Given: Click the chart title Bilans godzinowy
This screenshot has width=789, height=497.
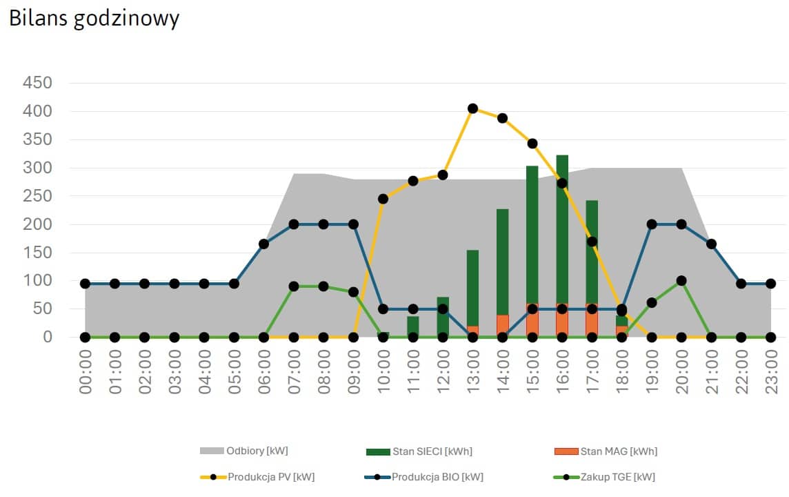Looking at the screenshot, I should pos(94,19).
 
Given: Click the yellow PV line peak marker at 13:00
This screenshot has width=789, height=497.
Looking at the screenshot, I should pos(472,108).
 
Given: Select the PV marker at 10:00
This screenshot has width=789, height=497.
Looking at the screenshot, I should pos(383,199).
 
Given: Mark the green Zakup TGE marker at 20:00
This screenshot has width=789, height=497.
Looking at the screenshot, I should pos(681,281).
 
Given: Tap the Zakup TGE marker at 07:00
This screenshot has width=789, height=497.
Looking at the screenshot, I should pos(294,286).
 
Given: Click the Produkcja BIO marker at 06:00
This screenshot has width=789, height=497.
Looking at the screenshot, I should pos(264,244).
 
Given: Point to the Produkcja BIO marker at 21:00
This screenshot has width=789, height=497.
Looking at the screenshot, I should pos(711,244).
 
